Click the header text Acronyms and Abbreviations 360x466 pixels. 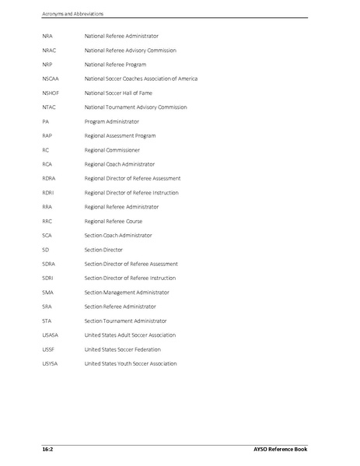[x=74, y=13]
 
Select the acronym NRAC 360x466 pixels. [x=50, y=50]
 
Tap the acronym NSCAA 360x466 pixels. [x=51, y=79]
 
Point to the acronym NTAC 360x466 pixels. [x=50, y=107]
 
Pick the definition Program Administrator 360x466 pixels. [x=112, y=121]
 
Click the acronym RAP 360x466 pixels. [x=47, y=135]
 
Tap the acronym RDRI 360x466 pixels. [x=49, y=192]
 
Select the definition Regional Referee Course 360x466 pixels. [x=113, y=221]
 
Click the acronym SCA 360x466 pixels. [x=47, y=235]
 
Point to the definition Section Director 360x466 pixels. [x=103, y=250]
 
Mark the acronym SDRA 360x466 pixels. [x=49, y=264]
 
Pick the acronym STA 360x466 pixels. [x=47, y=321]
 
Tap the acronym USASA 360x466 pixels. [x=51, y=335]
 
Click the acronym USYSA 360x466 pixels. [x=51, y=363]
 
